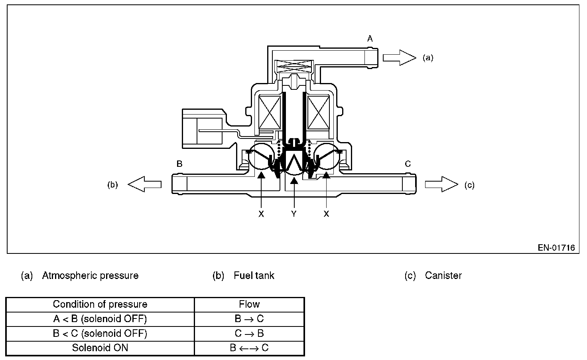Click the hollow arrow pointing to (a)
(x=399, y=57)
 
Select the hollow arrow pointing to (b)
(x=144, y=184)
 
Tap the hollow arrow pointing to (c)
(x=441, y=184)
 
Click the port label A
(x=370, y=39)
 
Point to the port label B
(x=179, y=164)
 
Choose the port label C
(x=408, y=164)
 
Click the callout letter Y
(x=294, y=214)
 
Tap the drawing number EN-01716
(x=556, y=248)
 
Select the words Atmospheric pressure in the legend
(x=90, y=275)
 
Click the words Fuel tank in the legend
(x=254, y=275)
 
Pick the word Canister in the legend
(x=443, y=275)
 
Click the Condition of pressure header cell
(x=100, y=305)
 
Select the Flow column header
(x=249, y=305)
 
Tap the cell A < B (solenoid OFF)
(x=100, y=319)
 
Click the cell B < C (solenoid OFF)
(x=100, y=333)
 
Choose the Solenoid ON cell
(x=100, y=348)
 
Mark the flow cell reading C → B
(x=249, y=333)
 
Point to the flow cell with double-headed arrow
(x=249, y=348)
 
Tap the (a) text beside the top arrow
(x=428, y=58)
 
